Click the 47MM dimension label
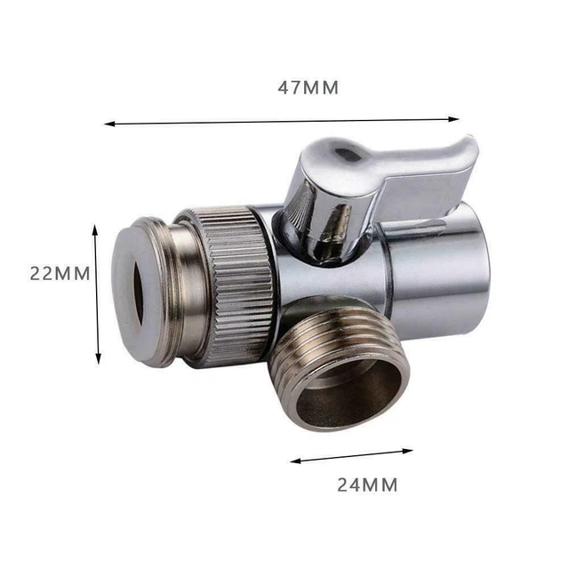[x=308, y=88]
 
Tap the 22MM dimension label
[x=60, y=274]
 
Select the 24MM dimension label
[x=366, y=485]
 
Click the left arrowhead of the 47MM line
[x=108, y=124]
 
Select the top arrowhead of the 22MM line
[x=96, y=228]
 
